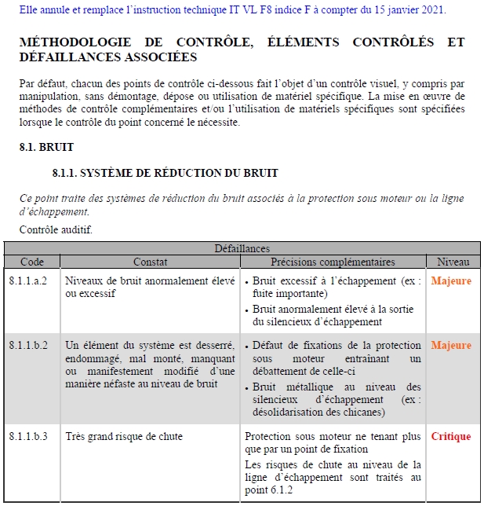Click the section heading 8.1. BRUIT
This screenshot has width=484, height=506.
tap(46, 147)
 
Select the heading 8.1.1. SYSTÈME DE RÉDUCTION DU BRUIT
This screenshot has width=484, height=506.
tap(165, 173)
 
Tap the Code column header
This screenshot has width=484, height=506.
tap(32, 262)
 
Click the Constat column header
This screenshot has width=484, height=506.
tap(150, 262)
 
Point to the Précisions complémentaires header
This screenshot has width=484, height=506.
tap(333, 262)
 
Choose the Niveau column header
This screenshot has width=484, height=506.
tap(453, 262)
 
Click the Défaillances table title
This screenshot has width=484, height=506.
tap(242, 249)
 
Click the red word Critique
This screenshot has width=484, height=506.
tap(451, 437)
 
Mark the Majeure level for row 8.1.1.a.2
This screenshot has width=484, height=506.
tap(451, 280)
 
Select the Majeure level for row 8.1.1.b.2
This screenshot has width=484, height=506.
tap(451, 346)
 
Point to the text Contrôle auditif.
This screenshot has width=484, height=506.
tap(56, 230)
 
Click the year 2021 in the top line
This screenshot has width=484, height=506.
tap(433, 10)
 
